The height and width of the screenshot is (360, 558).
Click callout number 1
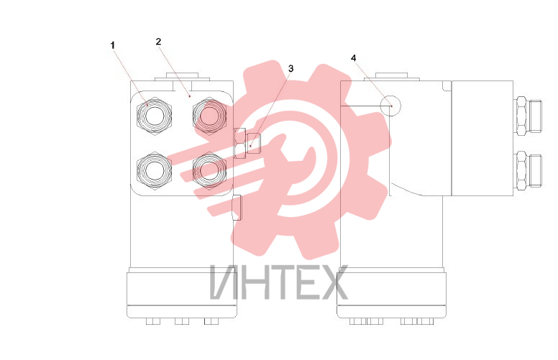pos(113,45)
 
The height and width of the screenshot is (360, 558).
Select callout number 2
pos(158,42)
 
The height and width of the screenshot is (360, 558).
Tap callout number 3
pos(291,69)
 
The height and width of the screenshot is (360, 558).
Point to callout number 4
pos(353,58)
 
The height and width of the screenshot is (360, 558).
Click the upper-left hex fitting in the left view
pos(154,116)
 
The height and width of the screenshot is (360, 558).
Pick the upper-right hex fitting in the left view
pos(209,115)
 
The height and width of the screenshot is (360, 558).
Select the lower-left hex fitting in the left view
pos(154,170)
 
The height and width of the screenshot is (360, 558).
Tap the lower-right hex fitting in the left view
pos(209,170)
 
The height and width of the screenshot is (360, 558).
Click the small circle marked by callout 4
pos(390,106)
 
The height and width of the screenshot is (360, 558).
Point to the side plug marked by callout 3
pos(247,143)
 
